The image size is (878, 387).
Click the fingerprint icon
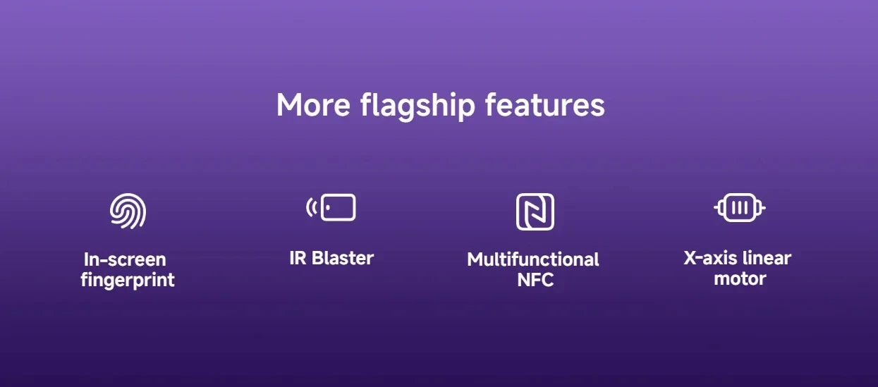(128, 211)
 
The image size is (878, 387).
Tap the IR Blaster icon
(331, 208)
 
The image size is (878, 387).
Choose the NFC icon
(535, 211)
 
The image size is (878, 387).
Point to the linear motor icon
(739, 208)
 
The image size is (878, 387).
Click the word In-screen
(125, 259)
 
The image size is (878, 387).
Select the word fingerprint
(128, 280)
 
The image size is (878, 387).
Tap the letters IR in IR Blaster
(298, 258)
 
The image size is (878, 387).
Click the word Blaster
(343, 258)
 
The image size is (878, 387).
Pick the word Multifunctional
(533, 259)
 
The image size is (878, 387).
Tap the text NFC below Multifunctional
(535, 280)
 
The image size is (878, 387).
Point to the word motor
(740, 278)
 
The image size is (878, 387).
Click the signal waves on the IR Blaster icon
(310, 208)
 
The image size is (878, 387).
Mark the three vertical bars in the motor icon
(739, 208)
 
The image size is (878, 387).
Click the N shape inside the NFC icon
(535, 211)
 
